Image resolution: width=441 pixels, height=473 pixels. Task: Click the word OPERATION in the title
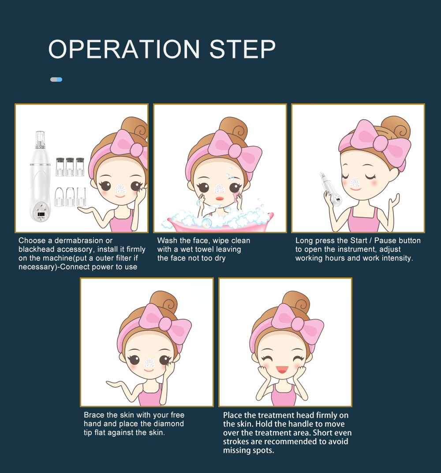(124, 49)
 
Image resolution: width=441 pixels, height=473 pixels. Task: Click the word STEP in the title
(243, 49)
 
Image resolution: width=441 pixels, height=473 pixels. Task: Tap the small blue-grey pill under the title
(56, 79)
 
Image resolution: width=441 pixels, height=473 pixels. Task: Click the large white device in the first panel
(41, 177)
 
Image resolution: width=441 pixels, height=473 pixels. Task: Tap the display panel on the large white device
(41, 215)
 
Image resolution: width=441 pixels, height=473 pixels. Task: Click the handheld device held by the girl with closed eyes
(330, 189)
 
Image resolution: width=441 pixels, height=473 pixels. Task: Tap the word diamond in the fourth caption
(170, 424)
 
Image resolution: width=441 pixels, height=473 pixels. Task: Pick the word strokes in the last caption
(236, 441)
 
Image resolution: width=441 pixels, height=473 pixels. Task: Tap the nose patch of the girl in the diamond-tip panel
(149, 363)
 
